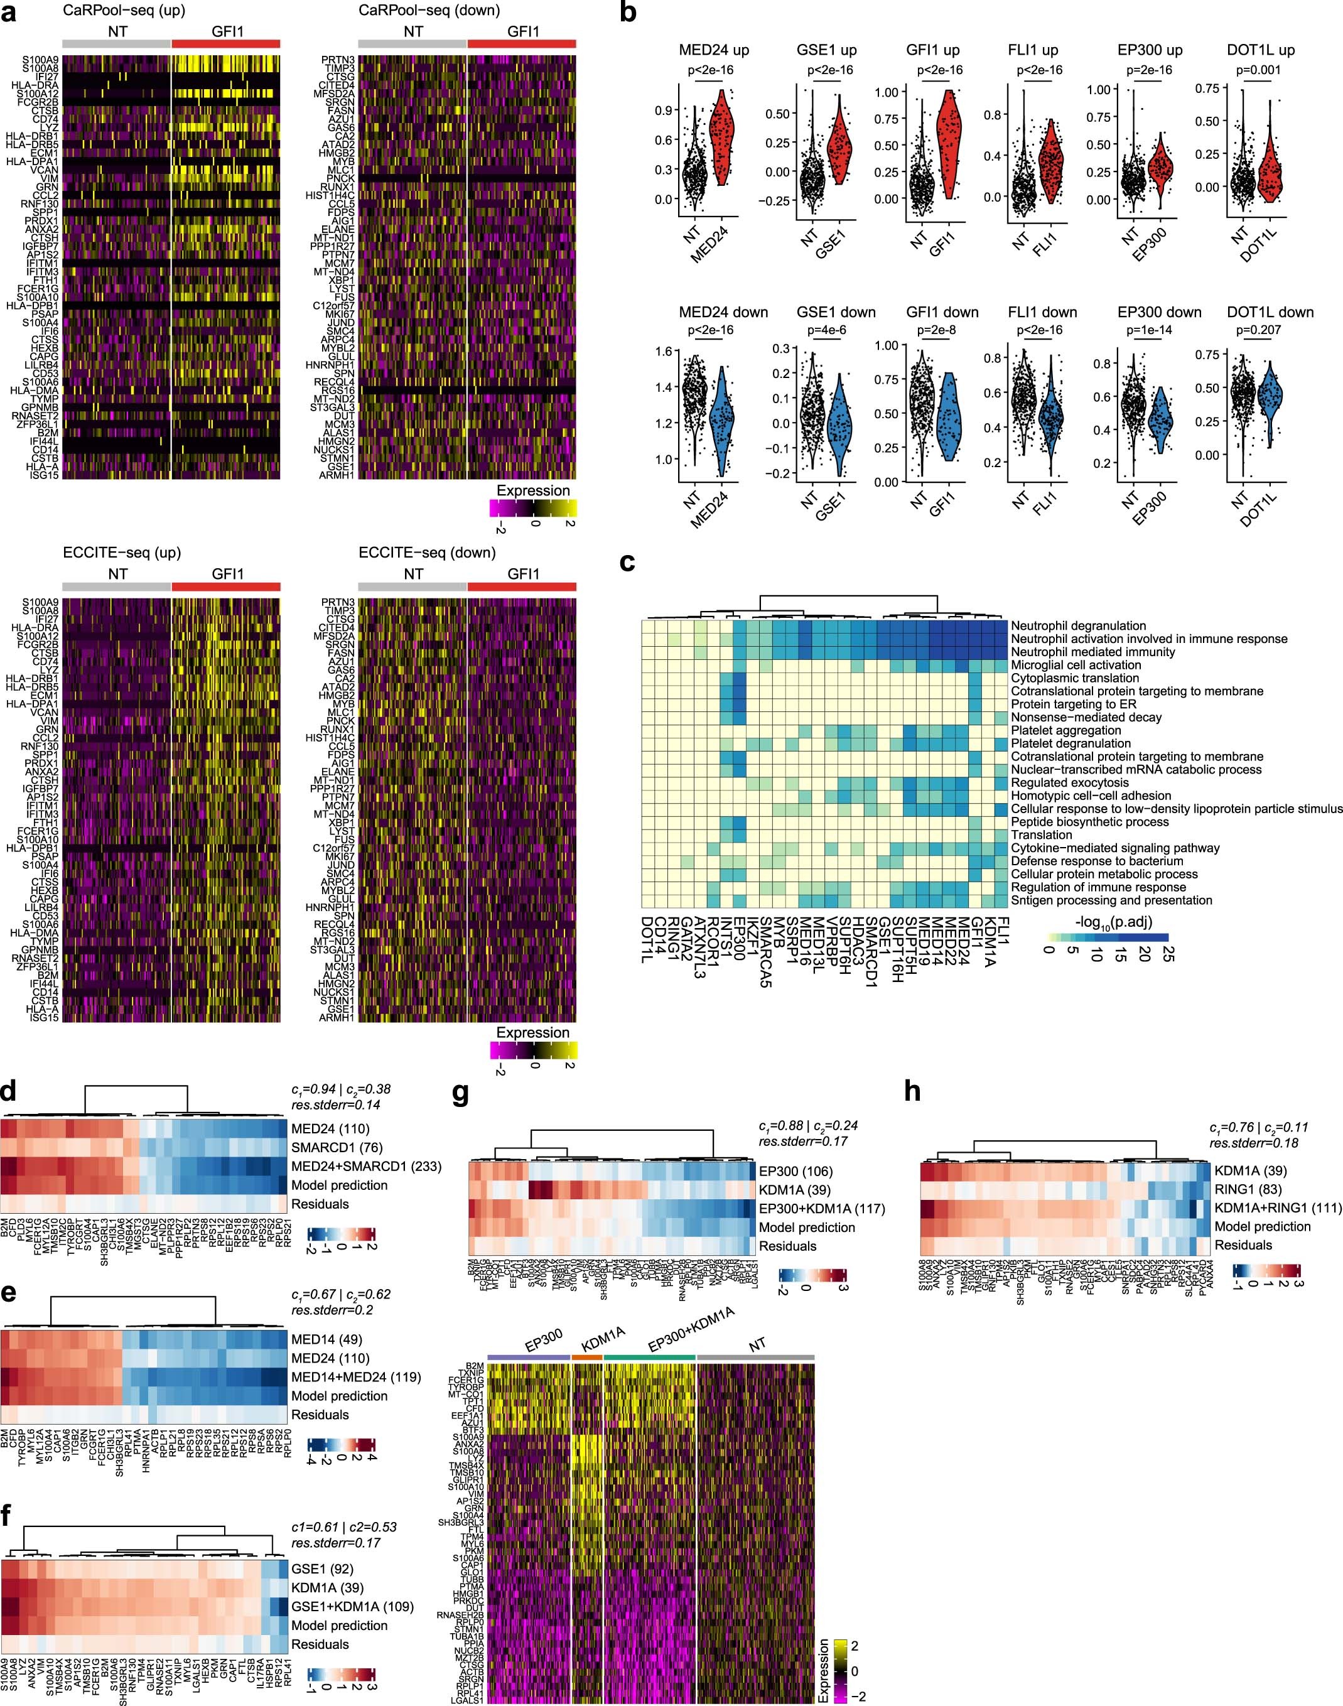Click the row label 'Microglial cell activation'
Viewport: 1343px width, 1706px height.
(1076, 665)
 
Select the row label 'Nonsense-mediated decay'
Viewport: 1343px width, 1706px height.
(1075, 717)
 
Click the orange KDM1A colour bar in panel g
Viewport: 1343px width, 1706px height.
(586, 1357)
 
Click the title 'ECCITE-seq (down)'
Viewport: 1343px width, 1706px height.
(427, 553)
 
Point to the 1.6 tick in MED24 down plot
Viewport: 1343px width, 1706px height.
(664, 352)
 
